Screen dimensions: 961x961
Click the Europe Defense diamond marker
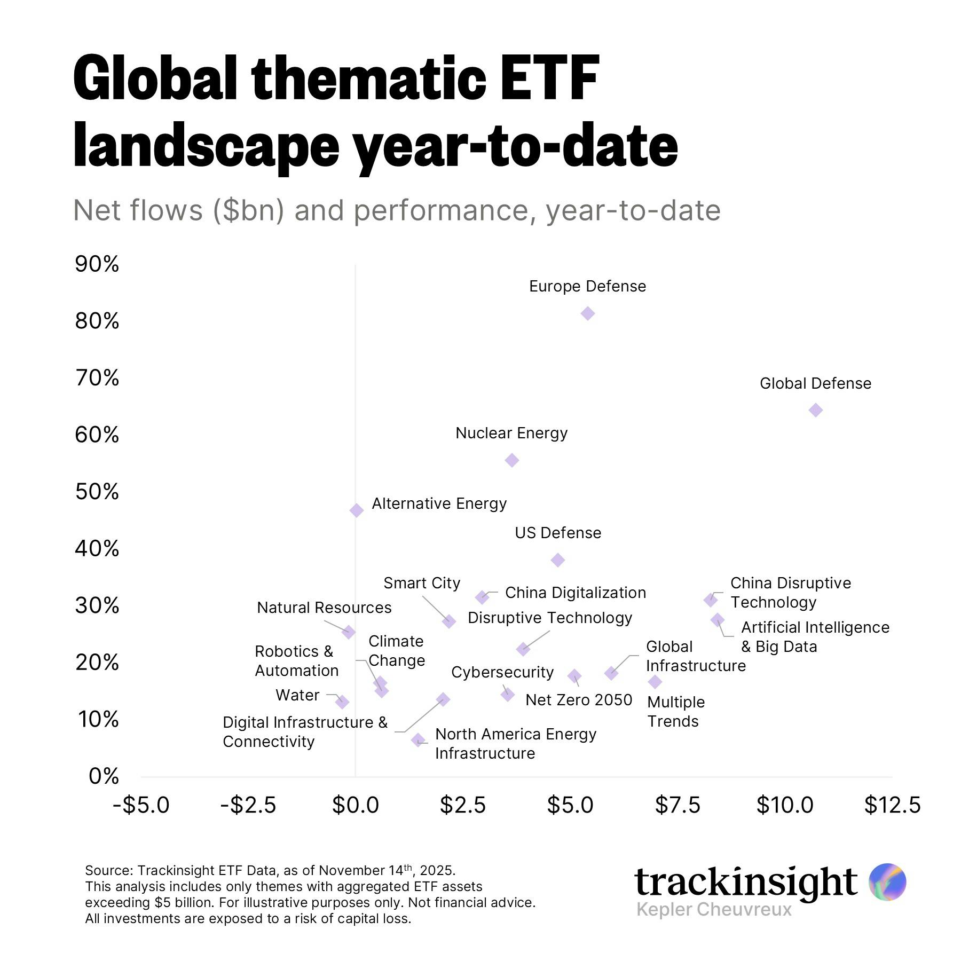[587, 313]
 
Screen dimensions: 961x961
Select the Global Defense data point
[815, 410]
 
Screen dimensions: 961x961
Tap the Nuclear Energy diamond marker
[511, 460]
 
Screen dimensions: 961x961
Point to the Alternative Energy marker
[357, 510]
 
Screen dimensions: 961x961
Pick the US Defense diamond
[558, 560]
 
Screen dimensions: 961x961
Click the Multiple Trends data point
[655, 682]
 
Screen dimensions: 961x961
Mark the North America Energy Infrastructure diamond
[418, 740]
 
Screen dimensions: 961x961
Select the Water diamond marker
[342, 702]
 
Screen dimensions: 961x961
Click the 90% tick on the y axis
[97, 264]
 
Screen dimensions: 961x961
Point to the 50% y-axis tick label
[97, 492]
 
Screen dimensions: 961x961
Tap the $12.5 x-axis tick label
[892, 805]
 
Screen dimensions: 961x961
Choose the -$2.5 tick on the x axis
[248, 805]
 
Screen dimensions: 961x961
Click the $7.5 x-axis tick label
[678, 805]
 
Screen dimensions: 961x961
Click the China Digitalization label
[575, 593]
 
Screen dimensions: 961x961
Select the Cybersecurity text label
[502, 672]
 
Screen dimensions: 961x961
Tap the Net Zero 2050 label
[579, 700]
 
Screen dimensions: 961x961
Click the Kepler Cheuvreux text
[714, 909]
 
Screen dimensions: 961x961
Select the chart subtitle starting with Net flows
[396, 210]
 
